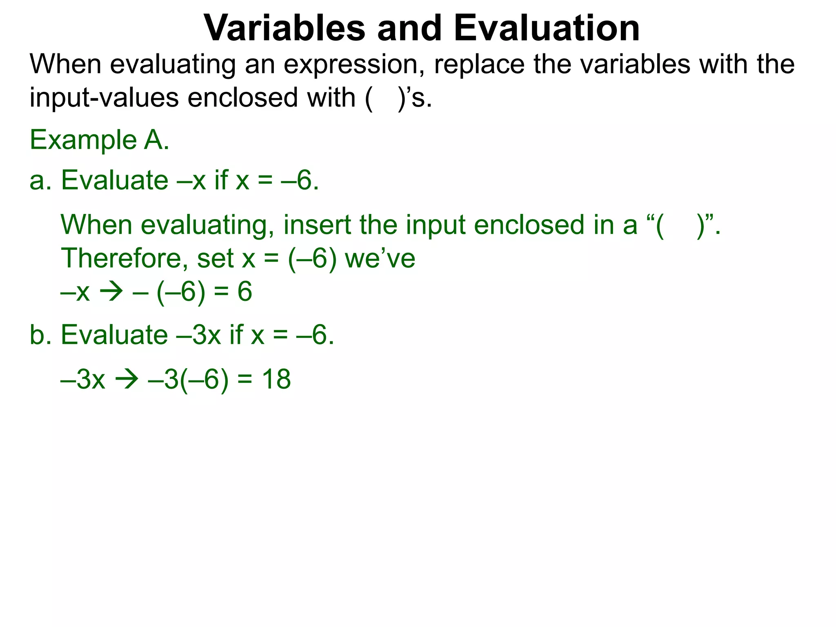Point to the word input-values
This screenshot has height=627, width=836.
coord(104,98)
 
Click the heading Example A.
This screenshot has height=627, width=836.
coord(99,140)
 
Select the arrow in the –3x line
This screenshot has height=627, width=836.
coord(127,380)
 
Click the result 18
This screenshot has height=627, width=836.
coord(276,379)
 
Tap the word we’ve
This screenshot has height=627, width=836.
coord(380,258)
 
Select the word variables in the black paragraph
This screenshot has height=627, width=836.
coord(635,64)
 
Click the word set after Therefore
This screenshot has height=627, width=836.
coord(215,258)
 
